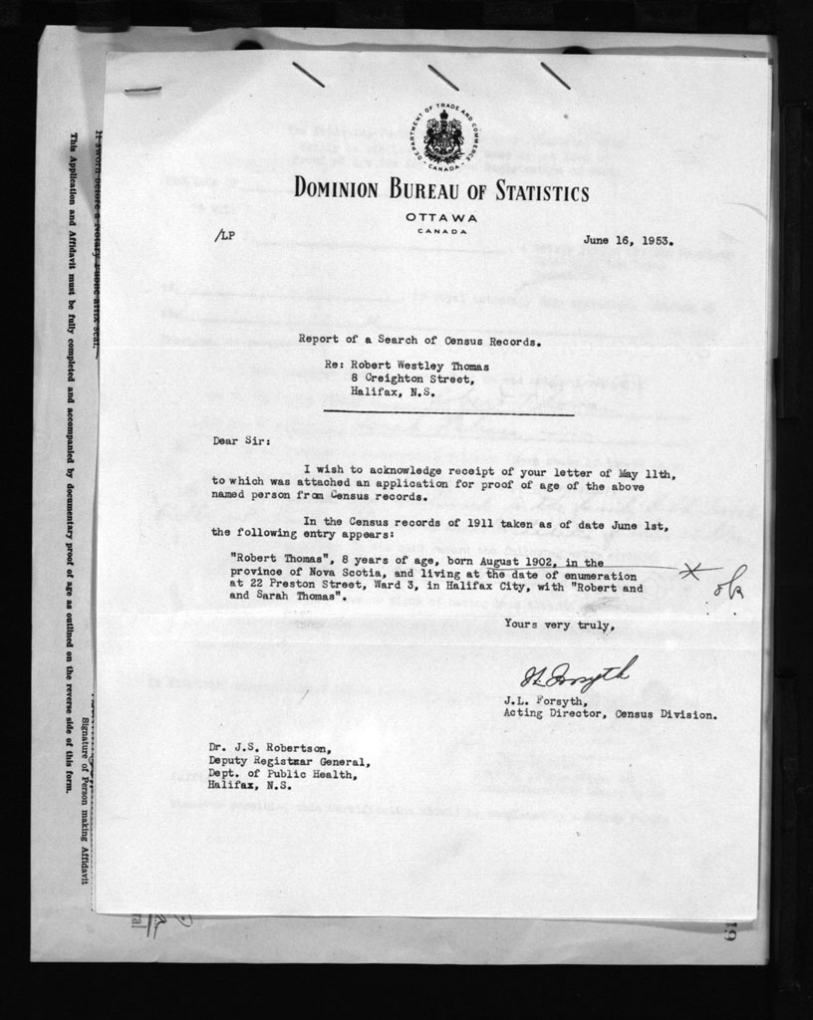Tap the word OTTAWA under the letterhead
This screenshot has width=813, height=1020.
[441, 218]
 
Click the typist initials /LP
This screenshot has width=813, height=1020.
[224, 237]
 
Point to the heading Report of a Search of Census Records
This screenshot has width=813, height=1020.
[419, 340]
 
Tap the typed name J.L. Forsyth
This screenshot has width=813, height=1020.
[546, 701]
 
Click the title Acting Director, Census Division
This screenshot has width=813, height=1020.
[610, 714]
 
